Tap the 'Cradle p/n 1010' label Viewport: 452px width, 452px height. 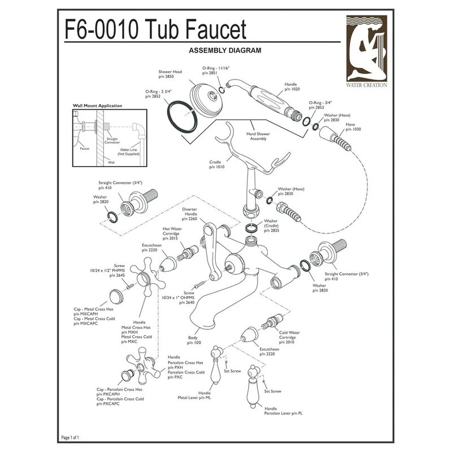coord(216,164)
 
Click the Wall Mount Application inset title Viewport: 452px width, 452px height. coord(99,106)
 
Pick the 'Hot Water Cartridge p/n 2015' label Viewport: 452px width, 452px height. coord(167,233)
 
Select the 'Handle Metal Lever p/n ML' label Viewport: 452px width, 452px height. coord(205,395)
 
